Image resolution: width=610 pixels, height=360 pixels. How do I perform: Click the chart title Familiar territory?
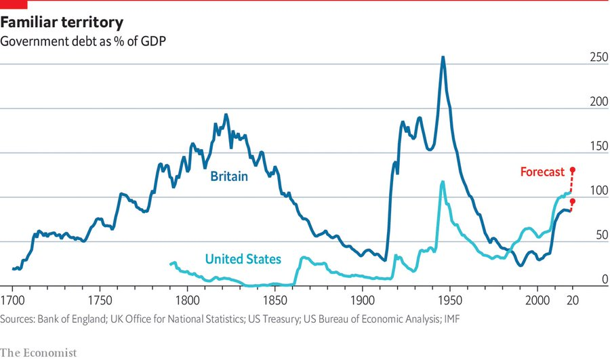coord(62,22)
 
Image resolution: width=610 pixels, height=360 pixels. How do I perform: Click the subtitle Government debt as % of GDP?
coord(83,41)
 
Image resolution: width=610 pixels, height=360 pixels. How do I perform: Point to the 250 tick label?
coord(598,57)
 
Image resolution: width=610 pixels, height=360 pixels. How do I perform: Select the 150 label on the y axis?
coord(598,146)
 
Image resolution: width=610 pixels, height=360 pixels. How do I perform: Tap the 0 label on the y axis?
coord(605,279)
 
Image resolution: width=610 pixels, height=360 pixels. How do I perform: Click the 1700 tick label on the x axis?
coord(12,300)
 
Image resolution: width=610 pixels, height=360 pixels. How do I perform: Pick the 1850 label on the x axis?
coord(275,300)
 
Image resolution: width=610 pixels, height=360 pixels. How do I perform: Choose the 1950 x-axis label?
coord(450,300)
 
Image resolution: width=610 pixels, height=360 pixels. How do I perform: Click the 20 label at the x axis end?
coord(572,300)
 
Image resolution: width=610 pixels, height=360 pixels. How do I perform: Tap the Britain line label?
coord(229,176)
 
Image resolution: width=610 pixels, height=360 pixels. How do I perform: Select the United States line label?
coord(243,259)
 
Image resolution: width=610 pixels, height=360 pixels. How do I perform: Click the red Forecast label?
coord(542,172)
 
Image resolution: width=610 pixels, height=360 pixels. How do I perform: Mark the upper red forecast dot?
coord(573,169)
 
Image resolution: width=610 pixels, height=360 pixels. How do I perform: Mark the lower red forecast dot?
coord(573,201)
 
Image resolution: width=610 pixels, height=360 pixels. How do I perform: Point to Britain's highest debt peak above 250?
coord(443,57)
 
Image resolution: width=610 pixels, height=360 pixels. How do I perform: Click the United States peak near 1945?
coord(443,182)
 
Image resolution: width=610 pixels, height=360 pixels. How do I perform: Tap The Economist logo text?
coord(39,353)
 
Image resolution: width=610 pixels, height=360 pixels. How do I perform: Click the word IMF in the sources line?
coord(451,319)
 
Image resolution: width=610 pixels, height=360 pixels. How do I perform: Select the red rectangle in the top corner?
coord(14,4)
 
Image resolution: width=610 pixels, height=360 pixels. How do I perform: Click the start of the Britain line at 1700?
coord(14,268)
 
